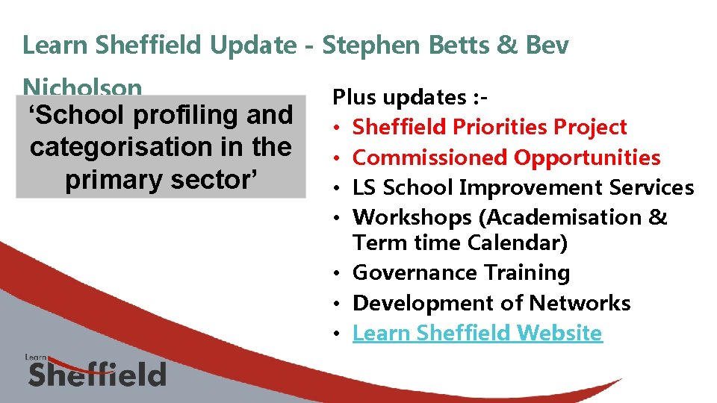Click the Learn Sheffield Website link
pos(477,333)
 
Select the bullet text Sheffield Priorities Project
pos(489,128)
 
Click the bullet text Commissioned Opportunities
pos(506,157)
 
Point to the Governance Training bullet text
pos(461,273)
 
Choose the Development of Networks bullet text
pos(491,303)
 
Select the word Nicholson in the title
pos(82,88)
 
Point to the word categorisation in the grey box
pos(126,147)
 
